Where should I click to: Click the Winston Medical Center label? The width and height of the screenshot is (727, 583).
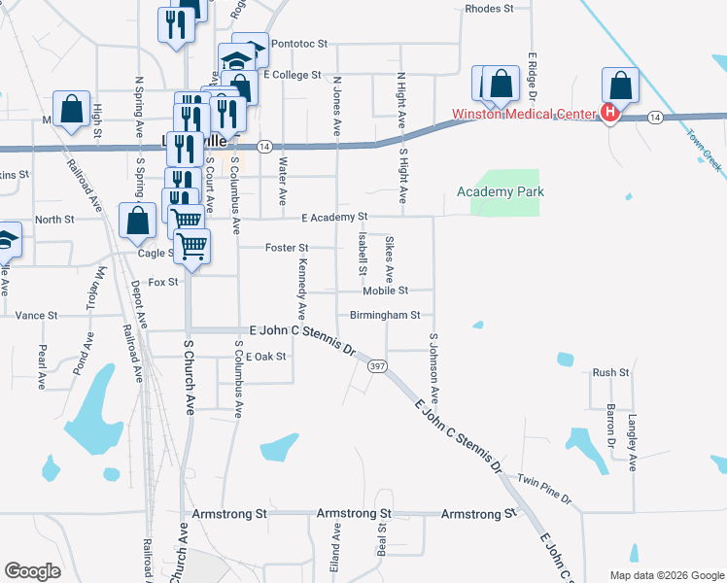[522, 114]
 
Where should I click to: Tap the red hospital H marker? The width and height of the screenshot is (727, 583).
[610, 114]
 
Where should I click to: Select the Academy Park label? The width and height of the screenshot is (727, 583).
[501, 192]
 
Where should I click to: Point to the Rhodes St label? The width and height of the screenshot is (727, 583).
[489, 8]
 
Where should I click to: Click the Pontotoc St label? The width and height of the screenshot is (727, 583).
[301, 44]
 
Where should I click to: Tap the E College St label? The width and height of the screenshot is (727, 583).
[292, 75]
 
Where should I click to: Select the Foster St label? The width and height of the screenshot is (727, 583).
[287, 248]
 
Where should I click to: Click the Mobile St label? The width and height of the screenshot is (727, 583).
[385, 291]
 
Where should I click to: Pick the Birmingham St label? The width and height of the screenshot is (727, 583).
[385, 315]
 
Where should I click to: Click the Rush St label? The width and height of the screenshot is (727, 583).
[611, 372]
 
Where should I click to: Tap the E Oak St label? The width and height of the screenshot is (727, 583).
[265, 357]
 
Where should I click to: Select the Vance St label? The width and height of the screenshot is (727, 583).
[37, 315]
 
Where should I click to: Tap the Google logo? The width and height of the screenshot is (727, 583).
[31, 571]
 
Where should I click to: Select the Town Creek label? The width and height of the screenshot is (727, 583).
[705, 151]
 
